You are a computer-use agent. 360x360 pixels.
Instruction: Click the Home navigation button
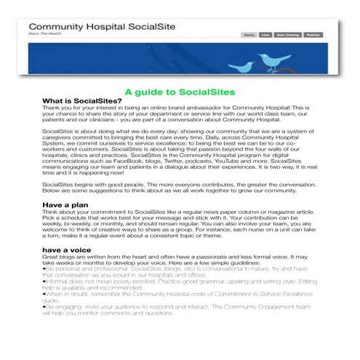pos(249,34)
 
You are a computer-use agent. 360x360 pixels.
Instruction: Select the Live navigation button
pos(266,34)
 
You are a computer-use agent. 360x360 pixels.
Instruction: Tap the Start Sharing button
pos(287,34)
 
